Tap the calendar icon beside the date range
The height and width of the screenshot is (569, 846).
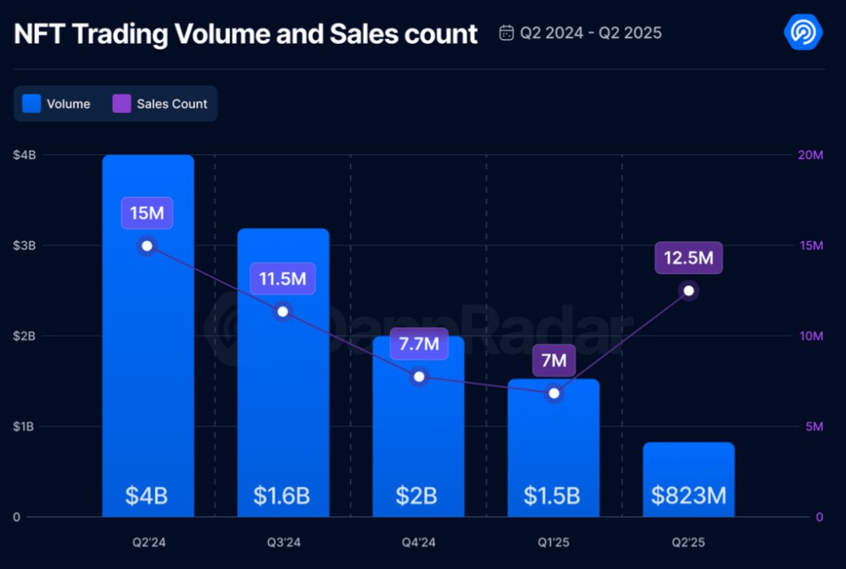point(506,33)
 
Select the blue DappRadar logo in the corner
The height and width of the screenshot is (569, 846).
point(803,33)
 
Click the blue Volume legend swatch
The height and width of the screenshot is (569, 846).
point(32,103)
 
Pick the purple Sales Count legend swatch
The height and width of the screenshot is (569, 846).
point(122,103)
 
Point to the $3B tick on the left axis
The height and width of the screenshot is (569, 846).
point(24,245)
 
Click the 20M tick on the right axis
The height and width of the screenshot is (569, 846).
point(811,155)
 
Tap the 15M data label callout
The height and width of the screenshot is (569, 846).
point(147,214)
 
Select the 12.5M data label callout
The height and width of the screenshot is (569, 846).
point(688,258)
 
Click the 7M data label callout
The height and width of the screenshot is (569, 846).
point(553,360)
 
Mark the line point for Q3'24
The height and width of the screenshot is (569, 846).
point(283,311)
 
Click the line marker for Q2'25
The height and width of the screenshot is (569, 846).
point(688,291)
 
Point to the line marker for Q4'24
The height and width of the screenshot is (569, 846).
point(419,376)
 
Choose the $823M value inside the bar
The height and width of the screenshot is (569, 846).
point(688,496)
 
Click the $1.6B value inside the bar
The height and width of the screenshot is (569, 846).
point(283,496)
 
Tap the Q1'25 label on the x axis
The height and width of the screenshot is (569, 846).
point(553,540)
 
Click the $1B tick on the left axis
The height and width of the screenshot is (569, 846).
point(24,427)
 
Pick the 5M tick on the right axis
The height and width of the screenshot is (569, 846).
point(813,427)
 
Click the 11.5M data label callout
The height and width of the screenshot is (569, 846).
point(283,279)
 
